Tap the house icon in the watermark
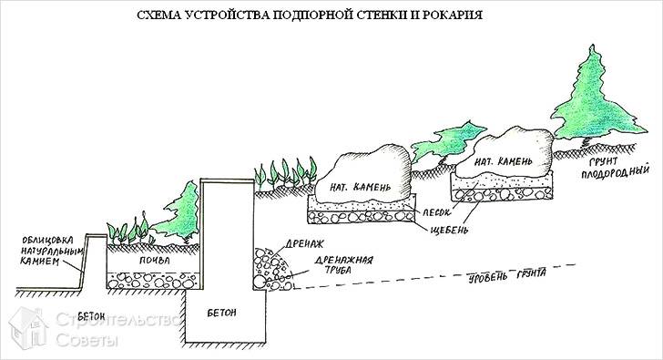pos(26,327)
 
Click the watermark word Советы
pos(87,340)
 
